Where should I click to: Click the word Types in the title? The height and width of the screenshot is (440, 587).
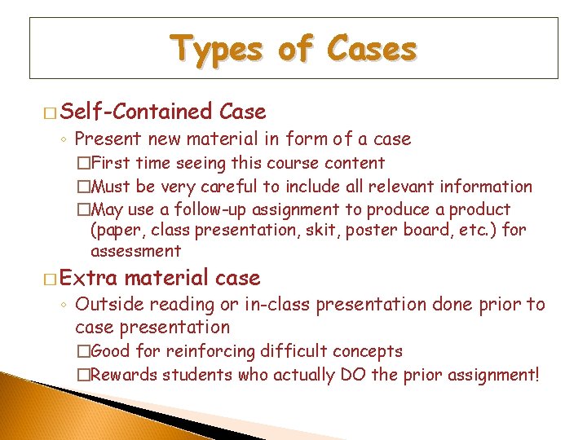click(216, 51)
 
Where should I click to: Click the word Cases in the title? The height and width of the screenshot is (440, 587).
click(372, 51)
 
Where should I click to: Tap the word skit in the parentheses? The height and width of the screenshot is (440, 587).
click(325, 231)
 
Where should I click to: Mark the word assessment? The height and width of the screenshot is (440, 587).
click(135, 252)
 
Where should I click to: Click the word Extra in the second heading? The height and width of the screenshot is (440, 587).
click(89, 279)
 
